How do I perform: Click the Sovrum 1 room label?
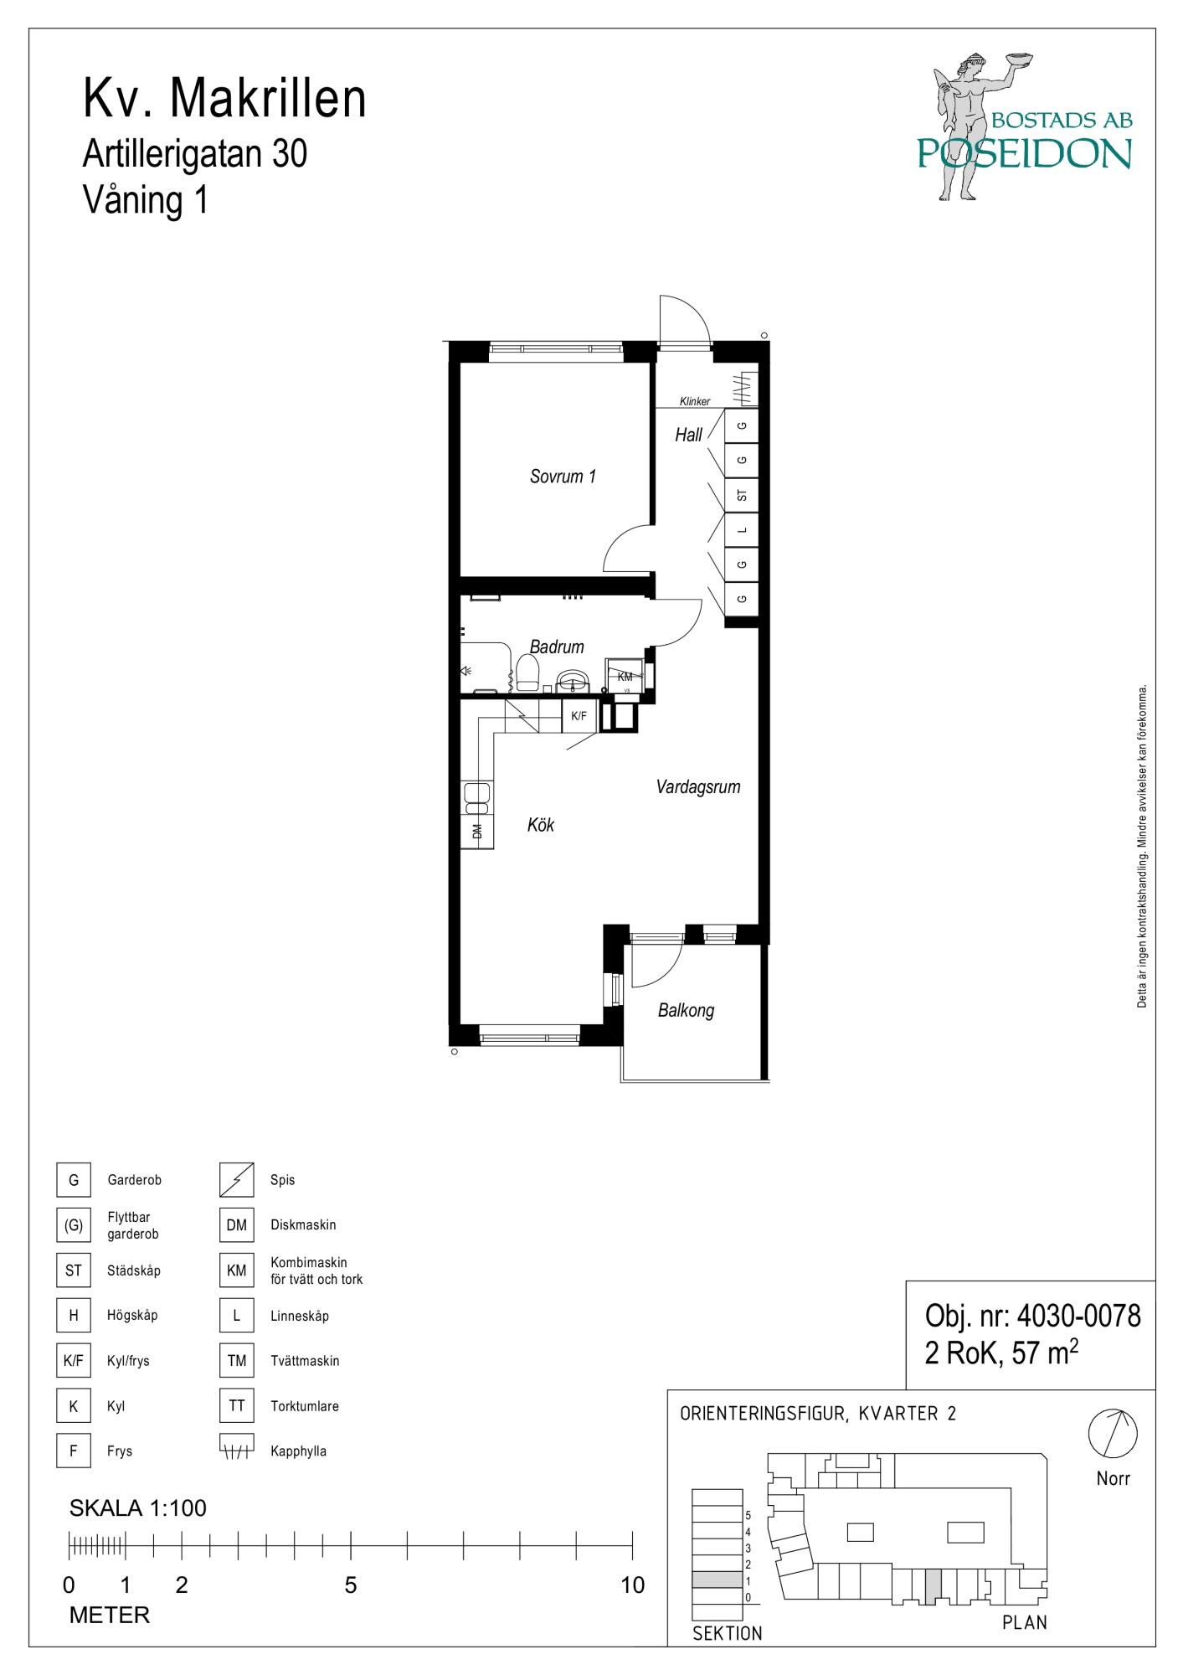click(563, 477)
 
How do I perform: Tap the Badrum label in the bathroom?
click(557, 647)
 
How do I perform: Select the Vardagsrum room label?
click(698, 787)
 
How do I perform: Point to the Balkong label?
click(686, 1011)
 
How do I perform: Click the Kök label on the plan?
click(541, 825)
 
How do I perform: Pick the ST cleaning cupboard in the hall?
click(742, 495)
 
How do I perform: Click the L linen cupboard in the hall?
click(742, 530)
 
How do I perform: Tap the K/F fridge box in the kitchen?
click(579, 716)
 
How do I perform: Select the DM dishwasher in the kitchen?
click(477, 831)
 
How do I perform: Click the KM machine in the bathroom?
click(625, 677)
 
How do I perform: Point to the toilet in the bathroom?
click(527, 673)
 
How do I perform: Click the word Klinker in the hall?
click(695, 402)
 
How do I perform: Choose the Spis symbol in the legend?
click(236, 1180)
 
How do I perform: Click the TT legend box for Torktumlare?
click(236, 1405)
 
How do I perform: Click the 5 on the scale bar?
click(351, 1585)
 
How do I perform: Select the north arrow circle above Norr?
click(1113, 1433)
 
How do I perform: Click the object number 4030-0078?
click(1078, 1317)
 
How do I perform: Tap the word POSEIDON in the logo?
click(1024, 153)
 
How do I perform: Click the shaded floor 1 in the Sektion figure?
click(717, 1580)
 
